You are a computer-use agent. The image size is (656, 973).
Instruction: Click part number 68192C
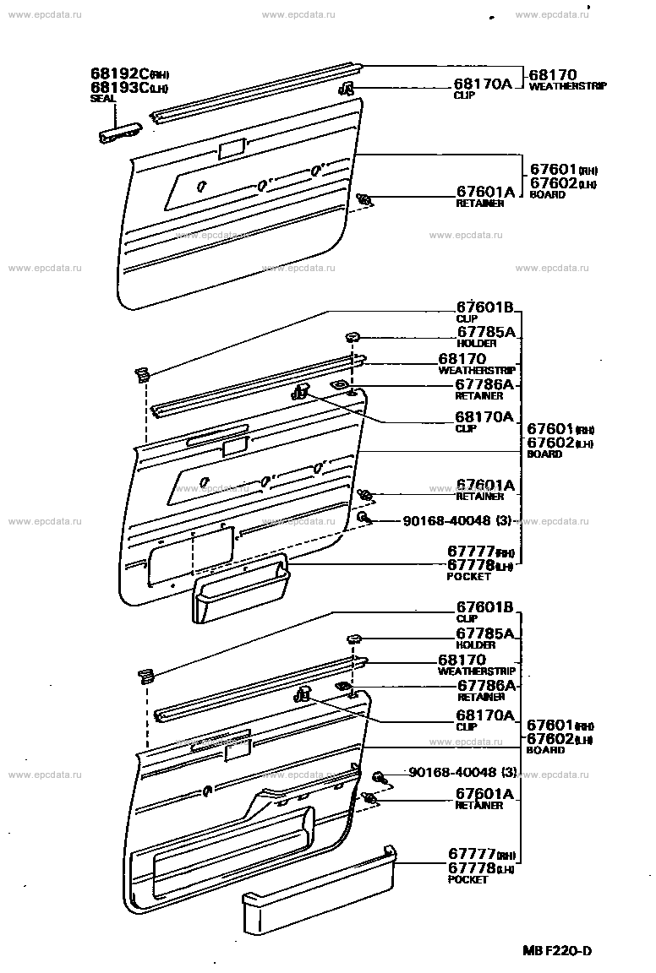(x=118, y=73)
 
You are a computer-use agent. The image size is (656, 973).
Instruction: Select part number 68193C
(x=118, y=87)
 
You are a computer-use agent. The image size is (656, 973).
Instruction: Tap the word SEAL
(x=102, y=98)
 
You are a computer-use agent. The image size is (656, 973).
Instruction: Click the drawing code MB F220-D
(x=556, y=950)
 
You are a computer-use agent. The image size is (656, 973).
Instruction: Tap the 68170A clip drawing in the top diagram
(x=346, y=90)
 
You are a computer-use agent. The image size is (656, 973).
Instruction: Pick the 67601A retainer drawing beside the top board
(x=365, y=200)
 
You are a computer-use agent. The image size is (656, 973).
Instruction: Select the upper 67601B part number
(x=484, y=307)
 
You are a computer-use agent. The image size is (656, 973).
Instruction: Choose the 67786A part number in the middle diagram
(x=484, y=384)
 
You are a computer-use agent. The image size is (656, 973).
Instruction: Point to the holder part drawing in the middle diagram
(x=354, y=337)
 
